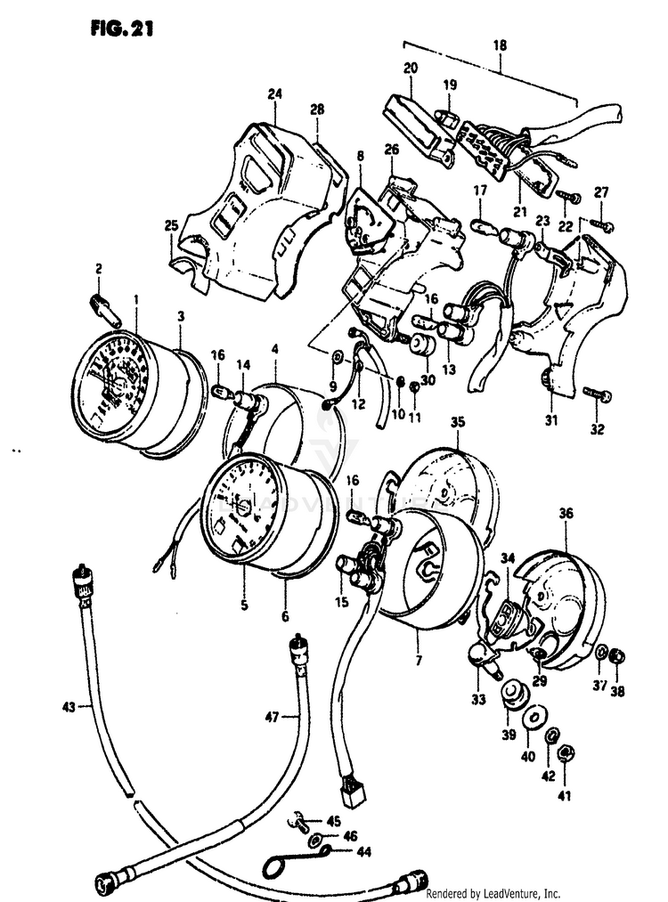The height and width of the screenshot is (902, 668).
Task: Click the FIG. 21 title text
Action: [122, 28]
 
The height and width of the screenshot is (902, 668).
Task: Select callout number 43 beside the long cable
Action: [68, 707]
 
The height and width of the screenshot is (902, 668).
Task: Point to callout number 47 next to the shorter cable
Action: [273, 715]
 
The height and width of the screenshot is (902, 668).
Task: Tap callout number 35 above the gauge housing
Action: [458, 423]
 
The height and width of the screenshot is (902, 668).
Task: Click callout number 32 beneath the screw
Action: [597, 429]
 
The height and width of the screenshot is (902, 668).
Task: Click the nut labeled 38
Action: [617, 657]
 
